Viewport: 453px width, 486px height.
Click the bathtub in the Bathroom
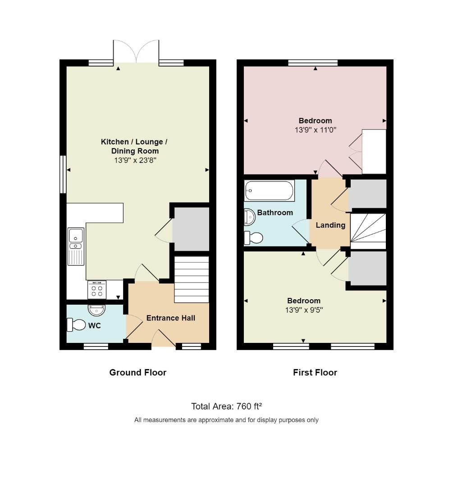pyautogui.click(x=269, y=191)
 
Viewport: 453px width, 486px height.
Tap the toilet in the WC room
pyautogui.click(x=76, y=325)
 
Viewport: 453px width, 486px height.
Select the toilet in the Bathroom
pyautogui.click(x=253, y=238)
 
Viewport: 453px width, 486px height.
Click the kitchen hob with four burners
pyautogui.click(x=97, y=290)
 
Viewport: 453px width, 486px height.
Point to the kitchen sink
pyautogui.click(x=76, y=247)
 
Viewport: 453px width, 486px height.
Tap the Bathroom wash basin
pyautogui.click(x=250, y=216)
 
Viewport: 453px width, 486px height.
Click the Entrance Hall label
pyautogui.click(x=171, y=318)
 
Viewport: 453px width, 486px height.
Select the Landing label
pyautogui.click(x=330, y=225)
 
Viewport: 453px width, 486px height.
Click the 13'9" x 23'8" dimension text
pyautogui.click(x=135, y=160)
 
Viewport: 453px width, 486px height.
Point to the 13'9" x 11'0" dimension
pyautogui.click(x=316, y=130)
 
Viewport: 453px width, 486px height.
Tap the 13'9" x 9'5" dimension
pyautogui.click(x=304, y=310)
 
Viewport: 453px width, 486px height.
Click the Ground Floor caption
pyautogui.click(x=138, y=372)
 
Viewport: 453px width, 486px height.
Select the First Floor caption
pyautogui.click(x=315, y=372)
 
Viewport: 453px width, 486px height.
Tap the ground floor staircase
pyautogui.click(x=192, y=279)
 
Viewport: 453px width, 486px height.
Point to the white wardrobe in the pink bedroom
pyautogui.click(x=374, y=152)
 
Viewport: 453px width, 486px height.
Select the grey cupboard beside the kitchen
pyautogui.click(x=191, y=229)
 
